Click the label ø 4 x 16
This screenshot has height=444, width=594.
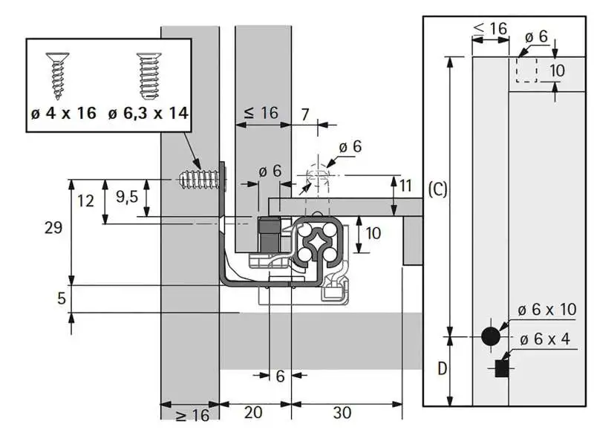[64, 114]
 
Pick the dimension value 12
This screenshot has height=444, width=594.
[86, 200]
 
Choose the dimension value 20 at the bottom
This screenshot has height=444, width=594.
[253, 413]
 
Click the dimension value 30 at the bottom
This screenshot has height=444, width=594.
[342, 413]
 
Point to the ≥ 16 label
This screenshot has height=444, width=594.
[192, 415]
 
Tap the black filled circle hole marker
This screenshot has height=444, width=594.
[490, 336]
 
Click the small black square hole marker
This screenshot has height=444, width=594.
[502, 366]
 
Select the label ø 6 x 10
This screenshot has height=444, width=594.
[548, 310]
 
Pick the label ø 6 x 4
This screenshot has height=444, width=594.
[544, 339]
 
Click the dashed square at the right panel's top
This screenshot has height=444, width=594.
[526, 71]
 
